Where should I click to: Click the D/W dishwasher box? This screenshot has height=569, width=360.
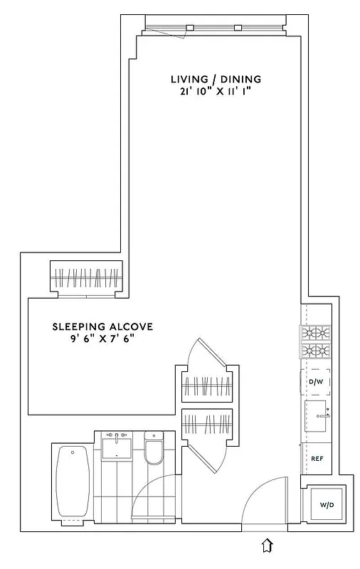(x=316, y=382)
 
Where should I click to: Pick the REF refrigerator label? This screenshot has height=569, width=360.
(x=317, y=459)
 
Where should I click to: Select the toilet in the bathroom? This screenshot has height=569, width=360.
(x=154, y=450)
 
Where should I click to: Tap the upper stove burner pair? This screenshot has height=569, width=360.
(x=316, y=332)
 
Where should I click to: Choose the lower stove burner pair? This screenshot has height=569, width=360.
(x=316, y=350)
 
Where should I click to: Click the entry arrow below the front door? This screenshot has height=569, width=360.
(x=267, y=546)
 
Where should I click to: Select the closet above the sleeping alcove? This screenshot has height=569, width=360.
(x=86, y=277)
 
